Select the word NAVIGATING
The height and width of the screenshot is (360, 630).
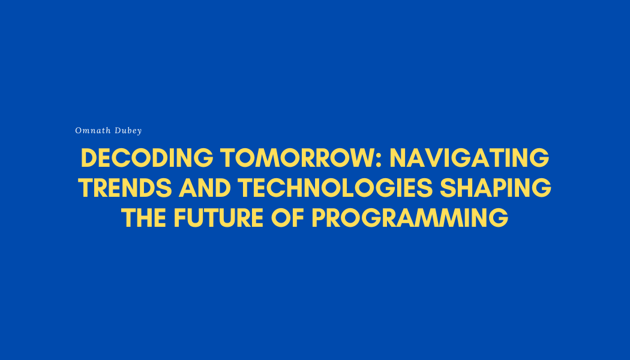click(469, 158)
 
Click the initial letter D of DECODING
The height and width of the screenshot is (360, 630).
click(89, 158)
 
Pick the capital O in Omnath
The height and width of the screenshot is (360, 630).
click(78, 130)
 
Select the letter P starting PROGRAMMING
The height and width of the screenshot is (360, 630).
click(319, 218)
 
